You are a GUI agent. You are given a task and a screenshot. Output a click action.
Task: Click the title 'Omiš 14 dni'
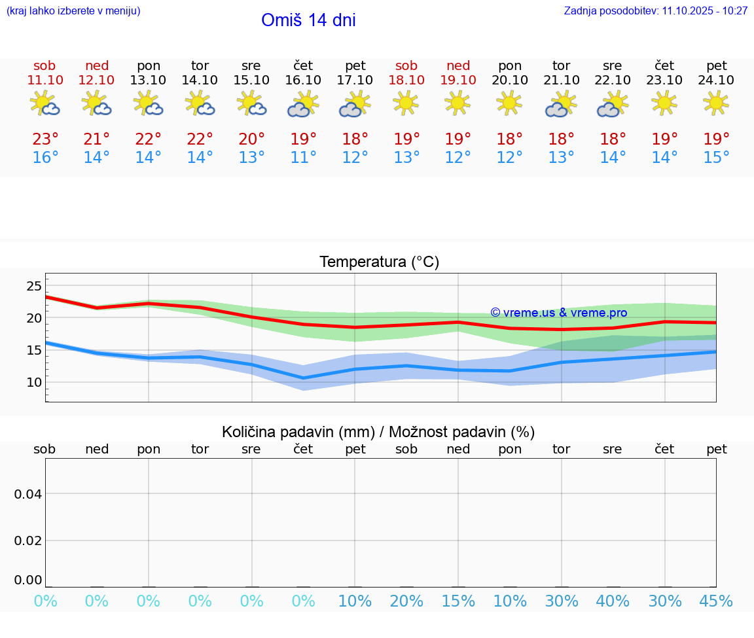[x=308, y=20]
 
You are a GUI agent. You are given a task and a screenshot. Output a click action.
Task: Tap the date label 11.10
[x=45, y=80]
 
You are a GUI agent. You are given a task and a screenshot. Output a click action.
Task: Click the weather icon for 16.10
[x=302, y=104]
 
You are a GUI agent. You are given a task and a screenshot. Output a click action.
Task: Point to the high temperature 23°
[x=45, y=139]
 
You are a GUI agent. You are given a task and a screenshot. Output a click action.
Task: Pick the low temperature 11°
[x=303, y=158]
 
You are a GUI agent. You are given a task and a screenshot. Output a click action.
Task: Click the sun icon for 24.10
[x=716, y=103]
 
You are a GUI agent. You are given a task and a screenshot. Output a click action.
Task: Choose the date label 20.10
[x=509, y=80]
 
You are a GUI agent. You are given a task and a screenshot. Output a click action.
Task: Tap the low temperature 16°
[x=45, y=158]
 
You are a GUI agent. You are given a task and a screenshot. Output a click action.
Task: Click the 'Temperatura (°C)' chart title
[x=379, y=262]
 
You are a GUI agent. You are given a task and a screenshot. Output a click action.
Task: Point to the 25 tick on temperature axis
[x=34, y=286]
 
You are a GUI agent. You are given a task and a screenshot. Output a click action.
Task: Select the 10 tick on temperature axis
[x=34, y=382]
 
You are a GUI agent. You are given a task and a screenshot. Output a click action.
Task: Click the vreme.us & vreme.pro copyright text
[x=558, y=313]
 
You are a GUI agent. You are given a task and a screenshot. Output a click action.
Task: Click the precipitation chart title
[x=378, y=432]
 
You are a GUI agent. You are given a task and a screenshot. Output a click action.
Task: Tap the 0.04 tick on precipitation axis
[x=28, y=494]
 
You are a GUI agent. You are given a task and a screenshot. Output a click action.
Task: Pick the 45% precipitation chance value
[x=716, y=601]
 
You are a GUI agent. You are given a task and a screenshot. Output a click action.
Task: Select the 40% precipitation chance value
[x=613, y=601]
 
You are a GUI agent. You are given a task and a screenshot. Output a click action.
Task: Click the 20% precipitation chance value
[x=406, y=601]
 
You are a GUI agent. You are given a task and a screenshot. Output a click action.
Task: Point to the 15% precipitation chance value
[x=458, y=601]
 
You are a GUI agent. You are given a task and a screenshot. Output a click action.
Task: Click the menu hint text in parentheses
[x=73, y=10]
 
